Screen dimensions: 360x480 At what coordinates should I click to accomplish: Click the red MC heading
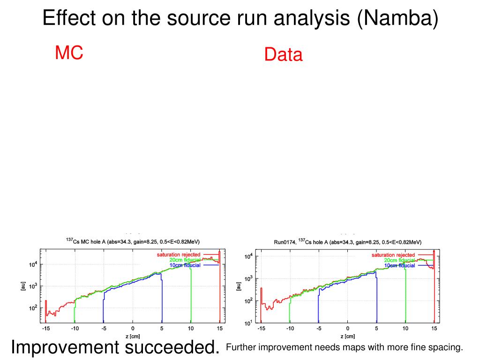(x=69, y=52)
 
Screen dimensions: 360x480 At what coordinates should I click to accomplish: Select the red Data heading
(x=283, y=55)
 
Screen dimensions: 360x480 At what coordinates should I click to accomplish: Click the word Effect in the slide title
(x=70, y=18)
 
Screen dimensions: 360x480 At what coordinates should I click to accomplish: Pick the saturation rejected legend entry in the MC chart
(x=178, y=255)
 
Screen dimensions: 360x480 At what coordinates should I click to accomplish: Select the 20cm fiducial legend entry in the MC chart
(x=185, y=260)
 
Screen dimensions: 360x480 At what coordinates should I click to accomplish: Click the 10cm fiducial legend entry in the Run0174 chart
(x=399, y=265)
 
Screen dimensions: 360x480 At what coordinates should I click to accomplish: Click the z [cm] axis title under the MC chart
(x=133, y=336)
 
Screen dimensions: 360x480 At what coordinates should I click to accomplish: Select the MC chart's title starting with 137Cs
(x=133, y=241)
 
